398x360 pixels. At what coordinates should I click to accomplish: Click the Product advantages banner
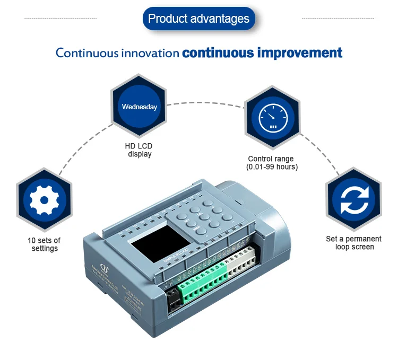[198, 19]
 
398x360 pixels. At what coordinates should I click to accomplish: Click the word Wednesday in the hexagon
[140, 107]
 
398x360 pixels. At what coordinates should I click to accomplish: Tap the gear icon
[44, 200]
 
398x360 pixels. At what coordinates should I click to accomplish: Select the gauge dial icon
[272, 116]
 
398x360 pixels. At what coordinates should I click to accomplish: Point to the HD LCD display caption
[140, 150]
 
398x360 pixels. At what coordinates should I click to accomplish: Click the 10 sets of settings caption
[44, 244]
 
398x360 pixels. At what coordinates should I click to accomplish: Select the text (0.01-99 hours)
[272, 166]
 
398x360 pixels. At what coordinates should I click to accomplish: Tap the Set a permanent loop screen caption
[353, 243]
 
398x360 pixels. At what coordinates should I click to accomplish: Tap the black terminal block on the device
[174, 300]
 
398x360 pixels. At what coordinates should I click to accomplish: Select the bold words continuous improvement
[262, 53]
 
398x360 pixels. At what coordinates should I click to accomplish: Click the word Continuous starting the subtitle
[87, 53]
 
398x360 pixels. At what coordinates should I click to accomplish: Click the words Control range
[271, 159]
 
